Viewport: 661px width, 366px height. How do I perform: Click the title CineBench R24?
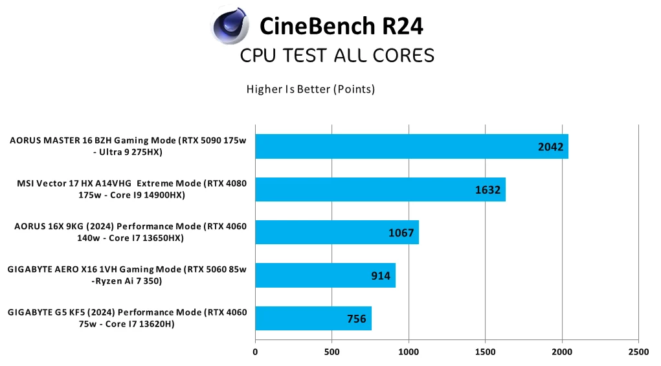click(x=341, y=27)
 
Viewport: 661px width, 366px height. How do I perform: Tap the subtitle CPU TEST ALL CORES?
click(x=337, y=56)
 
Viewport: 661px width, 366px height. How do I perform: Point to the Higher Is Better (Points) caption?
click(x=311, y=89)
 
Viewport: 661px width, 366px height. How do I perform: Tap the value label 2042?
click(x=552, y=147)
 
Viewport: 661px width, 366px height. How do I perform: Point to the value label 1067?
click(x=401, y=233)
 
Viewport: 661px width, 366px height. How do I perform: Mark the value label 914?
click(x=381, y=276)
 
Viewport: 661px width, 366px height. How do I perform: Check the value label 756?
click(x=356, y=319)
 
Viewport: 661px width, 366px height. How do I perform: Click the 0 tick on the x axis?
click(x=255, y=352)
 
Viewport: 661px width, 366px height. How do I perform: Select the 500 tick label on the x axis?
click(x=331, y=352)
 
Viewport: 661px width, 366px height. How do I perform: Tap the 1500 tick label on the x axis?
click(x=485, y=352)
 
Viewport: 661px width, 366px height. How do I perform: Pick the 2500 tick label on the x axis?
click(x=638, y=352)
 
